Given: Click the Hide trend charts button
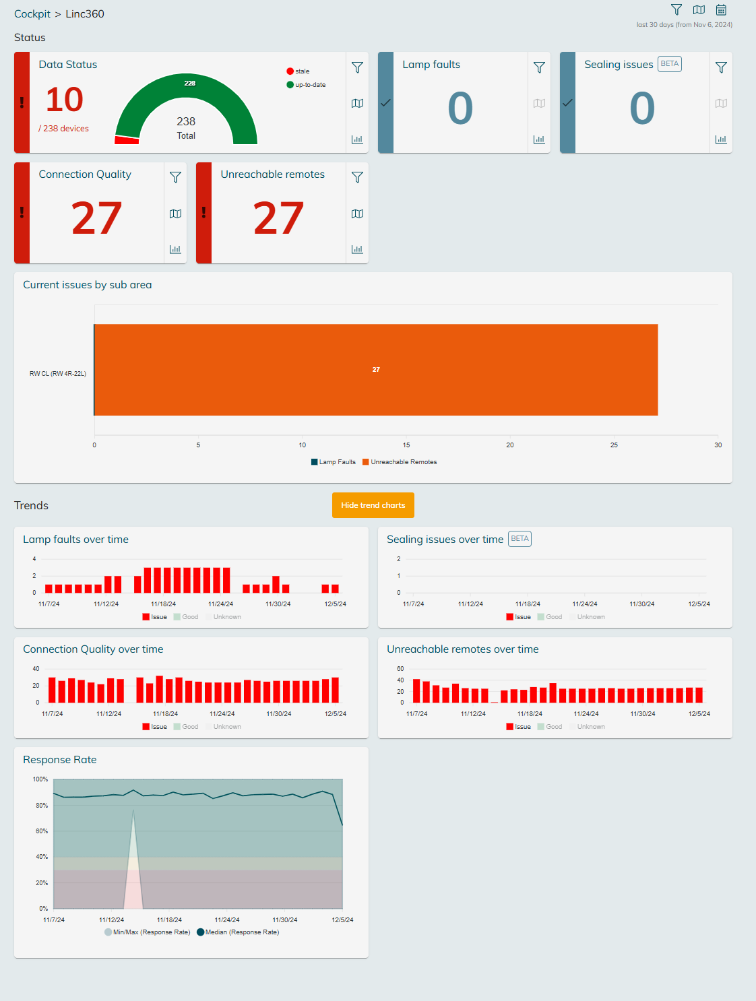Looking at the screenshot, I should [x=373, y=505].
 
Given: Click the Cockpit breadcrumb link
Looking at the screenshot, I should [x=32, y=14].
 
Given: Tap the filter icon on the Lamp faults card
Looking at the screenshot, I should [x=539, y=67].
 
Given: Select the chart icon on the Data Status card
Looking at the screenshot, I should [x=357, y=139].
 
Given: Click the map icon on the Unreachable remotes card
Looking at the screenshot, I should [x=357, y=214].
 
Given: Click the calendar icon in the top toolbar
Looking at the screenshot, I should [x=721, y=10].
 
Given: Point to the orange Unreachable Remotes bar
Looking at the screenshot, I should [x=376, y=370].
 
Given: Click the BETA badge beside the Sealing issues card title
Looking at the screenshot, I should [x=669, y=64].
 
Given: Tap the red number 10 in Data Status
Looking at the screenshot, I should [x=65, y=100].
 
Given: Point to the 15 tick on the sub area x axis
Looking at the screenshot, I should [x=406, y=445].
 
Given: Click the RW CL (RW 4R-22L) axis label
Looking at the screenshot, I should [x=58, y=373].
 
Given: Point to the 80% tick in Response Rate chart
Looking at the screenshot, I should [x=42, y=806].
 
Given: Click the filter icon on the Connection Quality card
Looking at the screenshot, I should [x=175, y=177].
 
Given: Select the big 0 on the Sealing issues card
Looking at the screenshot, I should [x=642, y=108].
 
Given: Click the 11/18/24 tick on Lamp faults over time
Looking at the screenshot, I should [x=163, y=604].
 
